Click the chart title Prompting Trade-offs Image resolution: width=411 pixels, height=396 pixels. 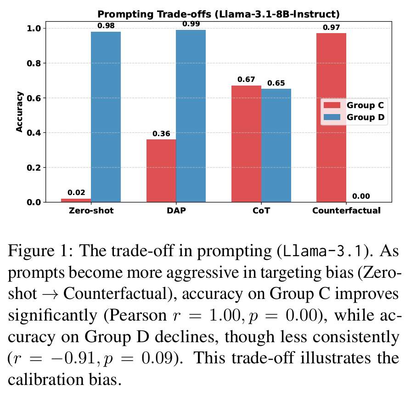click(x=154, y=14)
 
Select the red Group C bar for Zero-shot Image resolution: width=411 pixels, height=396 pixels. click(x=76, y=201)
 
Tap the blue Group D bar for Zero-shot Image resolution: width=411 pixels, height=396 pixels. click(x=106, y=117)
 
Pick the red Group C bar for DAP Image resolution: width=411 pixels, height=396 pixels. click(x=161, y=171)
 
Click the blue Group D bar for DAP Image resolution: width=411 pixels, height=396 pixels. click(x=191, y=116)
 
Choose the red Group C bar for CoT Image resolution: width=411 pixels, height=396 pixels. click(x=247, y=144)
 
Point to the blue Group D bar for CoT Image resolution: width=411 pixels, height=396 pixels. click(x=276, y=145)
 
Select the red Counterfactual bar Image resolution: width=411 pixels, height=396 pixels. click(x=331, y=118)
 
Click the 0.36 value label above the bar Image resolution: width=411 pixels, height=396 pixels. click(x=161, y=134)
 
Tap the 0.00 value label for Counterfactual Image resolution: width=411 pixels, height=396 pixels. click(x=361, y=196)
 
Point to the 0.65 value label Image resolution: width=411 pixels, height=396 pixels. click(x=276, y=83)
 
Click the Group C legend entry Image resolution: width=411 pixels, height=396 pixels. click(x=354, y=105)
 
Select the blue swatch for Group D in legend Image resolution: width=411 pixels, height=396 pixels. click(x=332, y=117)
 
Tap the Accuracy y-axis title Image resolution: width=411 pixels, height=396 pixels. click(x=19, y=112)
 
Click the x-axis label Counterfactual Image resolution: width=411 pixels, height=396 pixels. click(x=346, y=211)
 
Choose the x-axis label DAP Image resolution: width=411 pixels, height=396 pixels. click(x=176, y=211)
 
